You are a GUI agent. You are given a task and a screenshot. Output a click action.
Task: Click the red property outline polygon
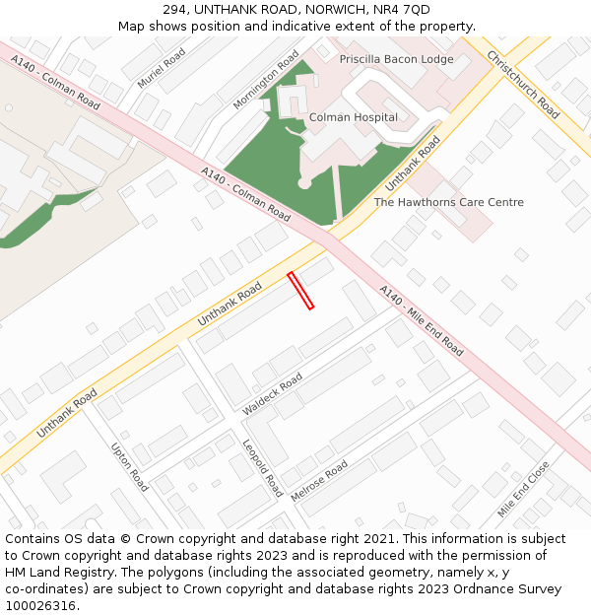(x=300, y=291)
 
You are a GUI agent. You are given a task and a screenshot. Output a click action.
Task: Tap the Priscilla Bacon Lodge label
(x=397, y=59)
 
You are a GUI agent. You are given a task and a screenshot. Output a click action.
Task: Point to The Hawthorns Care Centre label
(x=448, y=202)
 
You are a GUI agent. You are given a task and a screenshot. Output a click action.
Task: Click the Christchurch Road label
(x=523, y=85)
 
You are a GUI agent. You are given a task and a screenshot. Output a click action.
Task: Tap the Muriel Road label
(x=162, y=69)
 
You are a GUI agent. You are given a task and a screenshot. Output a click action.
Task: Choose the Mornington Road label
(x=266, y=80)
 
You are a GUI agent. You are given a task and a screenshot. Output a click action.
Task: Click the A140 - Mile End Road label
(x=422, y=320)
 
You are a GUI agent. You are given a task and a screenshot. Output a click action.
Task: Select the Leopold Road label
(x=262, y=469)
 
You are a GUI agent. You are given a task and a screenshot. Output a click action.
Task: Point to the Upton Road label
(x=130, y=466)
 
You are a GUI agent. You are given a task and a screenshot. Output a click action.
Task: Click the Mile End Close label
(x=523, y=490)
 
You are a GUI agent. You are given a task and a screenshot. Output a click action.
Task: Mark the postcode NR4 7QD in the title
(x=402, y=10)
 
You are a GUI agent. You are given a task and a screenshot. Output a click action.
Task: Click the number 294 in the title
(x=190, y=10)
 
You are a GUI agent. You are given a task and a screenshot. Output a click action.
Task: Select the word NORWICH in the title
(x=331, y=10)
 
